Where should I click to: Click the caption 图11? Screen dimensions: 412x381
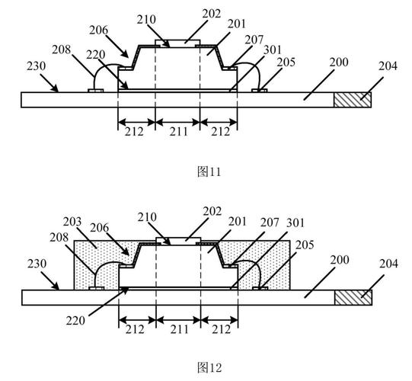pyautogui.click(x=209, y=171)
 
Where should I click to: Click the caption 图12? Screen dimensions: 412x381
pyautogui.click(x=209, y=367)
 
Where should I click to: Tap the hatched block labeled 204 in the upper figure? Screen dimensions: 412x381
pyautogui.click(x=353, y=100)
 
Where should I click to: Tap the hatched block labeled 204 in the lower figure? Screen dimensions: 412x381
pyautogui.click(x=353, y=298)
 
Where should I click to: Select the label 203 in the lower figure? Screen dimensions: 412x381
pyautogui.click(x=72, y=222)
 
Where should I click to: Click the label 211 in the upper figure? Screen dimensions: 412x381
pyautogui.click(x=179, y=131)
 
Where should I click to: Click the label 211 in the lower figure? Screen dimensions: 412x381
pyautogui.click(x=180, y=329)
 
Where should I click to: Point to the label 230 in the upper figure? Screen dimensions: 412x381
pyautogui.click(x=36, y=66)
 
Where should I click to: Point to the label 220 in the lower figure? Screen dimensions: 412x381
pyautogui.click(x=75, y=321)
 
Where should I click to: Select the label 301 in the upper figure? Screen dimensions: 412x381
pyautogui.click(x=272, y=50)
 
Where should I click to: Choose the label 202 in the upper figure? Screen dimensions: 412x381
pyautogui.click(x=212, y=14)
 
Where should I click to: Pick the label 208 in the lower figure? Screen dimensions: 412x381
pyautogui.click(x=59, y=238)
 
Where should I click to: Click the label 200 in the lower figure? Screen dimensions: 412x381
pyautogui.click(x=340, y=260)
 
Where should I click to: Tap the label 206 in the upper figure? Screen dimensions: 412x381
pyautogui.click(x=98, y=30)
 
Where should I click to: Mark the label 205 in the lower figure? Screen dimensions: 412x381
pyautogui.click(x=305, y=245)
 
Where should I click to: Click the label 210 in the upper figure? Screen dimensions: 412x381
pyautogui.click(x=146, y=19)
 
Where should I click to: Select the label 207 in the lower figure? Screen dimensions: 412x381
pyautogui.click(x=270, y=223)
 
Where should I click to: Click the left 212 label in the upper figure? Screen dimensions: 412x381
pyautogui.click(x=134, y=131)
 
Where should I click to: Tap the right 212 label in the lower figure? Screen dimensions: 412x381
pyautogui.click(x=222, y=329)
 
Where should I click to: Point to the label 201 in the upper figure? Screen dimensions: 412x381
pyautogui.click(x=237, y=24)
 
